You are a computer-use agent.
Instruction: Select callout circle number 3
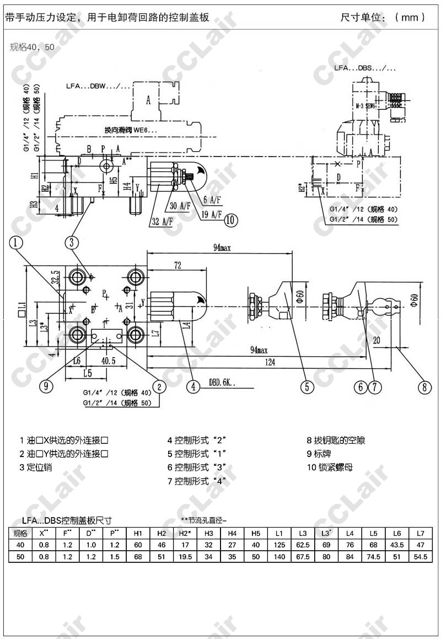point(72,241)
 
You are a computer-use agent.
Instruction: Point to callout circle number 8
point(423,386)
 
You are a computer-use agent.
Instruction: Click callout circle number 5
point(307,386)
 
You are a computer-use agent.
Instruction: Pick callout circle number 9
point(46,386)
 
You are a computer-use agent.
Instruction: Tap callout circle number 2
point(159,386)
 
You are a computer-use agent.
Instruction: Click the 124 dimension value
point(270,362)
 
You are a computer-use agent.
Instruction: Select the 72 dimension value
point(178,266)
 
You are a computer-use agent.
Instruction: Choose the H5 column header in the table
point(256,533)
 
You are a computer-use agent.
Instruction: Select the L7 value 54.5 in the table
point(421,556)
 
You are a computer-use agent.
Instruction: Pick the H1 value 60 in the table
point(138,545)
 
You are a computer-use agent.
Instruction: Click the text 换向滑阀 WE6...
point(131,130)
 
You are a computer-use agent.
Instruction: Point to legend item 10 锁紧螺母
point(330,468)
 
